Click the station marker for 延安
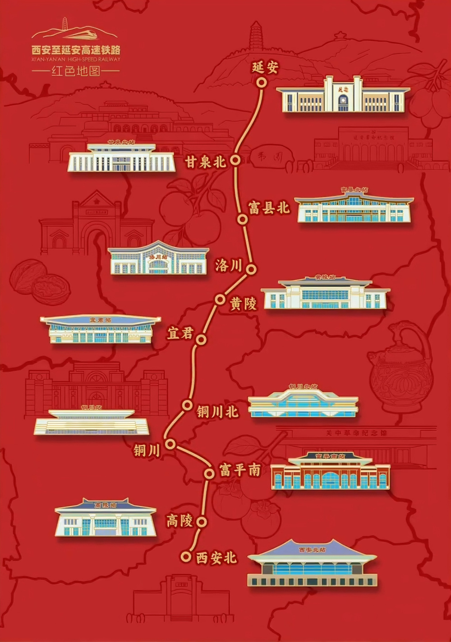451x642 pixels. (261, 82)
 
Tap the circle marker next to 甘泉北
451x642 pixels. (235, 160)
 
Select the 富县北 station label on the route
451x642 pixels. (269, 208)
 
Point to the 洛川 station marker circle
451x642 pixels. (251, 269)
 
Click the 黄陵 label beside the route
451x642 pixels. (244, 304)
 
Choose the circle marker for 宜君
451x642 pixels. (201, 339)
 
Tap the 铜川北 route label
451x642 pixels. (217, 412)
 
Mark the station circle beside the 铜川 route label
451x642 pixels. (170, 444)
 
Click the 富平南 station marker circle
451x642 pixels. (209, 473)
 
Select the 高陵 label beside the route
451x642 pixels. (179, 521)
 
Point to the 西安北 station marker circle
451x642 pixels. (185, 556)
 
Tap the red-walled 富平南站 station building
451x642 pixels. (330, 473)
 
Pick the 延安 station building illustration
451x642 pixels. (343, 95)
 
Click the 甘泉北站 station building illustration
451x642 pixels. (121, 158)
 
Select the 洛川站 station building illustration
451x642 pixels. (158, 259)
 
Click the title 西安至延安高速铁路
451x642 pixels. (76, 50)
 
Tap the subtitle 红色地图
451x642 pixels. (76, 71)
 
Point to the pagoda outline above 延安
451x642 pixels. (256, 36)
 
